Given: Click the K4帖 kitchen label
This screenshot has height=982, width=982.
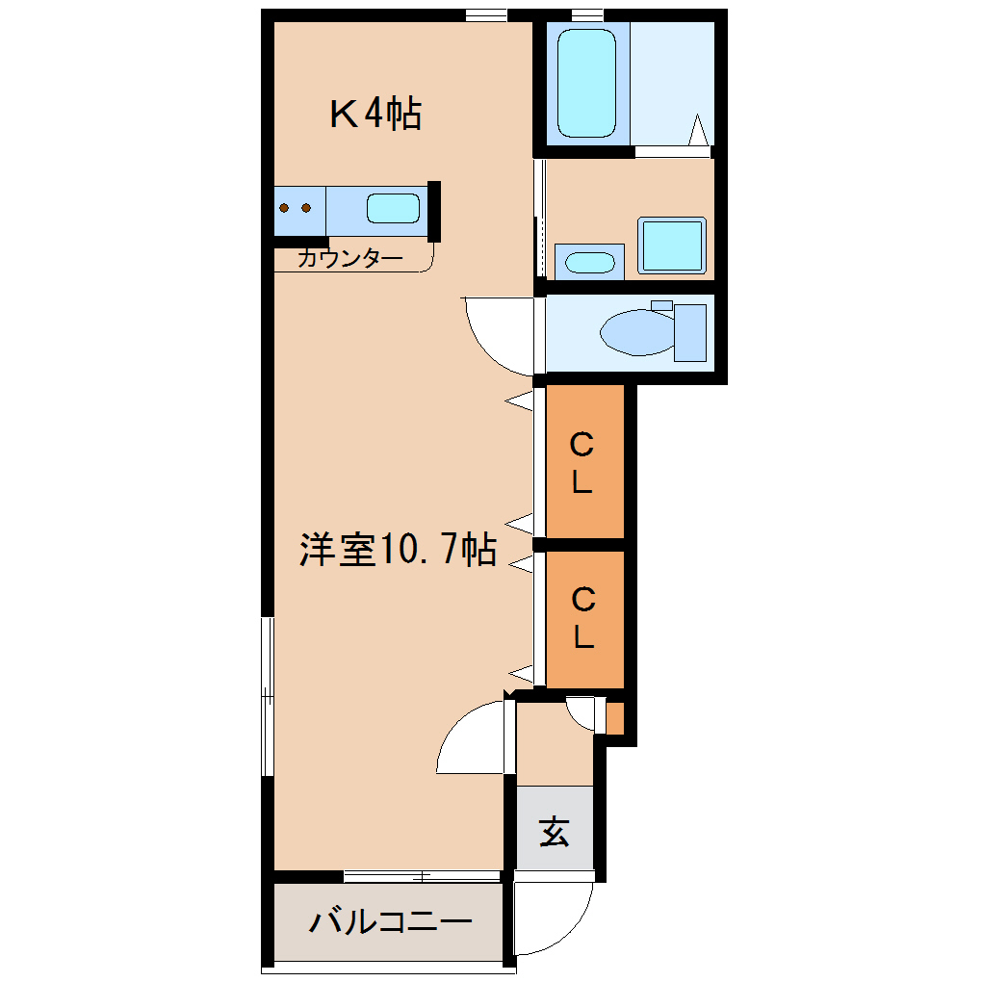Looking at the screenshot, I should coord(375,115).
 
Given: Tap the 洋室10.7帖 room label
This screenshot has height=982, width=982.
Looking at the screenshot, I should coord(397,550).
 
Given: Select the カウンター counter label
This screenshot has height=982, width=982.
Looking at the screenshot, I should coord(349,258).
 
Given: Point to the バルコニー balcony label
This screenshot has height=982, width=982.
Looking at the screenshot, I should coord(391,922).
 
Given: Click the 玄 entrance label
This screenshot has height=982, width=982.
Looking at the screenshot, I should coord(554,831).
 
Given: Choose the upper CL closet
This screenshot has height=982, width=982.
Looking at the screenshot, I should coord(583,461).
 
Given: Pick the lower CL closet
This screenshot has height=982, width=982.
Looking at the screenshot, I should coord(583,618).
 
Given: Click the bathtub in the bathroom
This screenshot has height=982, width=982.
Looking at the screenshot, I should coord(586,83).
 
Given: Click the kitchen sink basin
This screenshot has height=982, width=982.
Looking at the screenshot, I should coord(394,208).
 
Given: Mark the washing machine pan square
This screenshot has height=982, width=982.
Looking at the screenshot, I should coord(672,245).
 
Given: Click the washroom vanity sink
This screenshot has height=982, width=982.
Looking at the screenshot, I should coord(589,262).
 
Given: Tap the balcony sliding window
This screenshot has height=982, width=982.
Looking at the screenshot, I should coord(422,876).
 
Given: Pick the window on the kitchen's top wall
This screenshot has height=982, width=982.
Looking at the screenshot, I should coord(486,13).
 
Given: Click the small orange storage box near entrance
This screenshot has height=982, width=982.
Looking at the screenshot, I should coord(614,718).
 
